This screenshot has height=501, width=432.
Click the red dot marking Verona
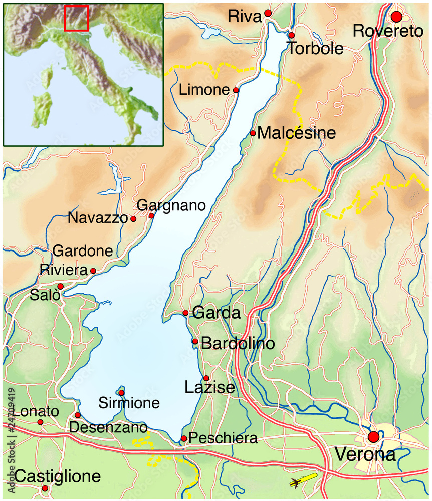pos(373,437)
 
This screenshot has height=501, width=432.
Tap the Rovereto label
pos(388,31)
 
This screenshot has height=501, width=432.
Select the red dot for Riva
pos(268,13)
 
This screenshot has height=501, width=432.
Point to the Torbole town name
pos(315,49)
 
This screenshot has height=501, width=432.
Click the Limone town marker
pos(236,90)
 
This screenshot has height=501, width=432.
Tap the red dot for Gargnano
pos(151,216)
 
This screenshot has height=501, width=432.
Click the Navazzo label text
pos(98,218)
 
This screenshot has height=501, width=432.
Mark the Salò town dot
pos(60,286)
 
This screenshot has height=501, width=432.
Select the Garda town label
pos(217,313)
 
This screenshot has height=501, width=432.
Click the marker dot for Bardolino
pos(195,342)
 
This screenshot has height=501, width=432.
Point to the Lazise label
pos(209,388)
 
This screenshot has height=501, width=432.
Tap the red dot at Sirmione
pos(121,393)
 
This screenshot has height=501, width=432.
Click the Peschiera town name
pos(224,439)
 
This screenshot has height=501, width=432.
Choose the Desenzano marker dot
pos(78,415)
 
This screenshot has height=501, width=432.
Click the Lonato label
pos(36,412)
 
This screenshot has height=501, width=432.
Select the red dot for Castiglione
pos(45,488)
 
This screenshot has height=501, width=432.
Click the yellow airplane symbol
pos(303,480)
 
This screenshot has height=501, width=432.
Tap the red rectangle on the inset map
pos(77,18)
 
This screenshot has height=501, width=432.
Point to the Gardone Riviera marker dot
pos(93,271)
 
